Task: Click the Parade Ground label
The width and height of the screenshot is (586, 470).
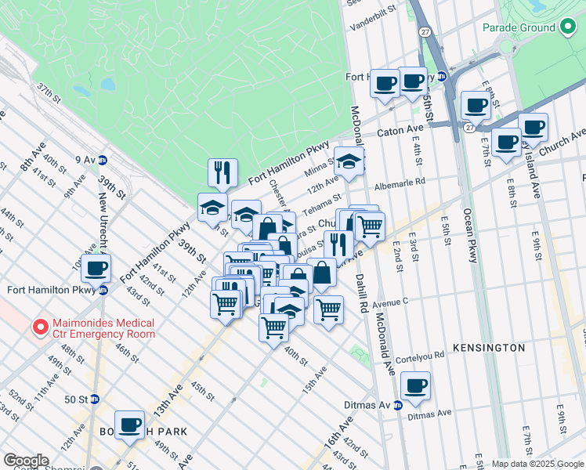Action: pyautogui.click(x=518, y=27)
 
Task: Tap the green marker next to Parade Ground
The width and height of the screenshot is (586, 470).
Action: pyautogui.click(x=568, y=27)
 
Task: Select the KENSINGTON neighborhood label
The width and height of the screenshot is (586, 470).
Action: pyautogui.click(x=488, y=347)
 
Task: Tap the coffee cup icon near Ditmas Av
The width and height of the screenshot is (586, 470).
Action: pyautogui.click(x=415, y=385)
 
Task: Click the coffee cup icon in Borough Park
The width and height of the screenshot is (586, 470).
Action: pyautogui.click(x=130, y=425)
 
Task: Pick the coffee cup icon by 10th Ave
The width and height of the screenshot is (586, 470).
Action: pyautogui.click(x=96, y=268)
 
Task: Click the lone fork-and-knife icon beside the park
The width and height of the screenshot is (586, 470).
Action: pyautogui.click(x=222, y=172)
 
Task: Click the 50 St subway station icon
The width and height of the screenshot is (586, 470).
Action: pyautogui.click(x=95, y=399)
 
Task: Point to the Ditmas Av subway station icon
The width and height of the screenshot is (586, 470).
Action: pyautogui.click(x=398, y=405)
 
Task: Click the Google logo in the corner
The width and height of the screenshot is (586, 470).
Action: pyautogui.click(x=26, y=461)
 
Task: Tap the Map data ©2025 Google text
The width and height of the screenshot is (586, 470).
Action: pyautogui.click(x=537, y=464)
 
